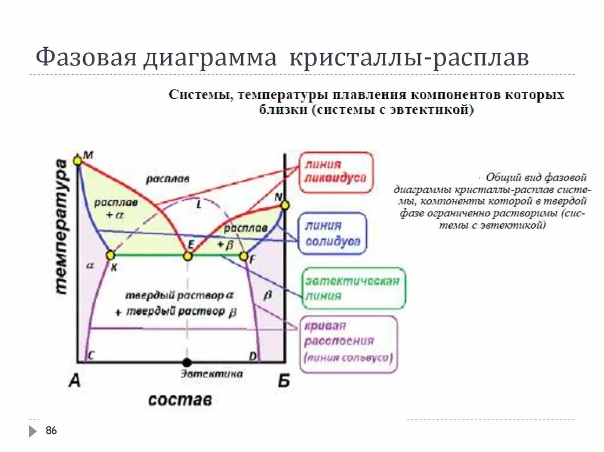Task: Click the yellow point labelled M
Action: point(77,160)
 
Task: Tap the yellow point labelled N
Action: point(285,205)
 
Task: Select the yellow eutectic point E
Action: point(188,256)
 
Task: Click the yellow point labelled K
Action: point(110,255)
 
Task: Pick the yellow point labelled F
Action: point(244,256)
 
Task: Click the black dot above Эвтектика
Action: point(187,362)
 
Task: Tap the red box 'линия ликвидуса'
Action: point(336,172)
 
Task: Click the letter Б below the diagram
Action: point(284,381)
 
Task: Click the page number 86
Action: point(51,431)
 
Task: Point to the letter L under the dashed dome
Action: point(198,204)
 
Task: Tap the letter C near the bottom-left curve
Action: point(91,355)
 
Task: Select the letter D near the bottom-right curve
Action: point(252,355)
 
